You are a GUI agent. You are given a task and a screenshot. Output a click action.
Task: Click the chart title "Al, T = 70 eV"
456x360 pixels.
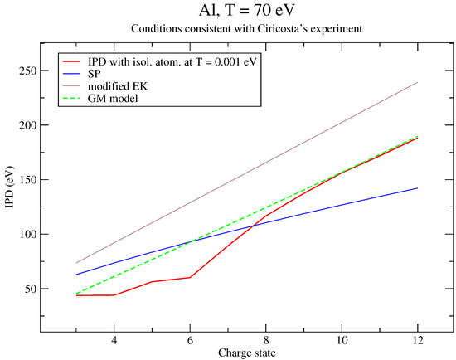(x=246, y=11)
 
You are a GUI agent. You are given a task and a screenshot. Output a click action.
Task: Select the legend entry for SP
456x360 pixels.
(x=95, y=74)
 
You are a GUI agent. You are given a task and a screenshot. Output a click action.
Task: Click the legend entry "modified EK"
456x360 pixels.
(x=118, y=86)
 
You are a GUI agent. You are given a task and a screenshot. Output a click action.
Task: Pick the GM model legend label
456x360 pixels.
(x=113, y=99)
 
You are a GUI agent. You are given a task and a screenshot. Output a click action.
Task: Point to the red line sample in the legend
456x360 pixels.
(x=71, y=61)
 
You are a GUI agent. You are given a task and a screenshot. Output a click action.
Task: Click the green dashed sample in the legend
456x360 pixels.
(x=71, y=99)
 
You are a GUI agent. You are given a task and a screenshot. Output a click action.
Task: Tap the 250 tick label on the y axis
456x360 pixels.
(x=28, y=71)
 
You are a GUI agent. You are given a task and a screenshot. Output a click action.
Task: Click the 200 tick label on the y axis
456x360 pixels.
(x=28, y=125)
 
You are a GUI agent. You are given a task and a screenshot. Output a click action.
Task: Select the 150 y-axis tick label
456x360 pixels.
(x=28, y=180)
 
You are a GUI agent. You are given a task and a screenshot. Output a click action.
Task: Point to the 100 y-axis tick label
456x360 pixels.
(x=28, y=234)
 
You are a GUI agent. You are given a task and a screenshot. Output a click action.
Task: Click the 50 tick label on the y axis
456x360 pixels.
(x=31, y=289)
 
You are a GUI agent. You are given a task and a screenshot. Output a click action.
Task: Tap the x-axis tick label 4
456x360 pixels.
(x=114, y=340)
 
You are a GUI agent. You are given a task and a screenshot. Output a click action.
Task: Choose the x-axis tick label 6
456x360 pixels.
(x=190, y=340)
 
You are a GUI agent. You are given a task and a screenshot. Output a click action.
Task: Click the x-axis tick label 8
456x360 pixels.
(x=266, y=340)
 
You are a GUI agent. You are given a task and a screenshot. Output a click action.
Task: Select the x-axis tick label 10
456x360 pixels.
(x=342, y=340)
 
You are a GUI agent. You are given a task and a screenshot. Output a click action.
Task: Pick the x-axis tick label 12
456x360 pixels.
(x=418, y=340)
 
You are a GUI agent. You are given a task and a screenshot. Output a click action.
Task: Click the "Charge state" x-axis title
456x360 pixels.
(x=246, y=353)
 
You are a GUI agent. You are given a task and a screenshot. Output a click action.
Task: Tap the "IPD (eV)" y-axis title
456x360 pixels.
(x=10, y=187)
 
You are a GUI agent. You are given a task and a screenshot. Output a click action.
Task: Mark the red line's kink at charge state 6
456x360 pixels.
(x=190, y=277)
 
